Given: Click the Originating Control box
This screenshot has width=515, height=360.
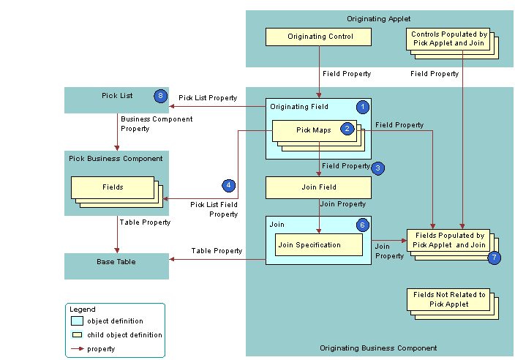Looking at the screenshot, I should pyautogui.click(x=320, y=37).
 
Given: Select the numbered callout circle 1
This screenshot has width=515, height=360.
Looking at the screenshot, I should pyautogui.click(x=362, y=107).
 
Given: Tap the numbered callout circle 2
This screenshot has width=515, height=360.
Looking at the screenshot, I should pyautogui.click(x=347, y=129).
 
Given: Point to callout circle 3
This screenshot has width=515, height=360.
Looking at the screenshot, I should pyautogui.click(x=377, y=168).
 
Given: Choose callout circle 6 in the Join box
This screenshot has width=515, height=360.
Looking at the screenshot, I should pyautogui.click(x=362, y=225).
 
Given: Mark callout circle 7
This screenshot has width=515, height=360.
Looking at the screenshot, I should pyautogui.click(x=495, y=257).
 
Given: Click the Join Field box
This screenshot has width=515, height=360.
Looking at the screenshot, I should pyautogui.click(x=318, y=187).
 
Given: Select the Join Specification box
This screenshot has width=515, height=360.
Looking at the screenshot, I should pyautogui.click(x=318, y=244).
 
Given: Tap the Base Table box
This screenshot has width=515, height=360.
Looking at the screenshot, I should pyautogui.click(x=116, y=261).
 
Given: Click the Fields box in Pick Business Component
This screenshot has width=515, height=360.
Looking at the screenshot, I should pyautogui.click(x=113, y=187).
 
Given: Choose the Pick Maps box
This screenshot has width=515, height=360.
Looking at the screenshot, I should pyautogui.click(x=313, y=131).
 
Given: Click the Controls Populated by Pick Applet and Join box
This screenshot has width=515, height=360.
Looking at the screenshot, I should pyautogui.click(x=448, y=39).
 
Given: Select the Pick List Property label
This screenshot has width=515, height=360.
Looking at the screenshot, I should pyautogui.click(x=208, y=97).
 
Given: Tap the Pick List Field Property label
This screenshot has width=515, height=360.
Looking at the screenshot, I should pyautogui.click(x=214, y=209).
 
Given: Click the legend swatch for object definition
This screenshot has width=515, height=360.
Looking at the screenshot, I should pyautogui.click(x=77, y=321).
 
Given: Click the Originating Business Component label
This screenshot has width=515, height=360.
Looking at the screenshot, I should pyautogui.click(x=378, y=348).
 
